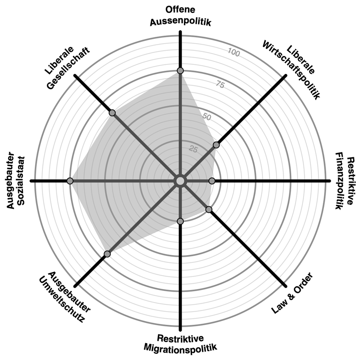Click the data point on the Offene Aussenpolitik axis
(x=180, y=71)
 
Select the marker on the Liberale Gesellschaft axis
(x=112, y=113)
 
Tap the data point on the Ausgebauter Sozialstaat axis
(x=70, y=181)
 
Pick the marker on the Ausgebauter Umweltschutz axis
(x=107, y=254)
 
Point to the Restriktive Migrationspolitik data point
(x=180, y=221)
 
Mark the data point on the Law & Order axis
(x=209, y=209)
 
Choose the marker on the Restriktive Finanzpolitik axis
(x=212, y=181)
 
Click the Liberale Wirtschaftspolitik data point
(x=216, y=145)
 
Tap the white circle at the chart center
(x=180, y=181)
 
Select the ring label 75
(x=220, y=85)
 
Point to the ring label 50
(x=207, y=117)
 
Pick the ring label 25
(x=193, y=149)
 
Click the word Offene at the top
(x=180, y=10)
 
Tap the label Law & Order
(x=292, y=293)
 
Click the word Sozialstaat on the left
(x=21, y=181)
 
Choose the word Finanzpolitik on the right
(x=339, y=181)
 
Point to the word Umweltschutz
(x=61, y=299)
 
